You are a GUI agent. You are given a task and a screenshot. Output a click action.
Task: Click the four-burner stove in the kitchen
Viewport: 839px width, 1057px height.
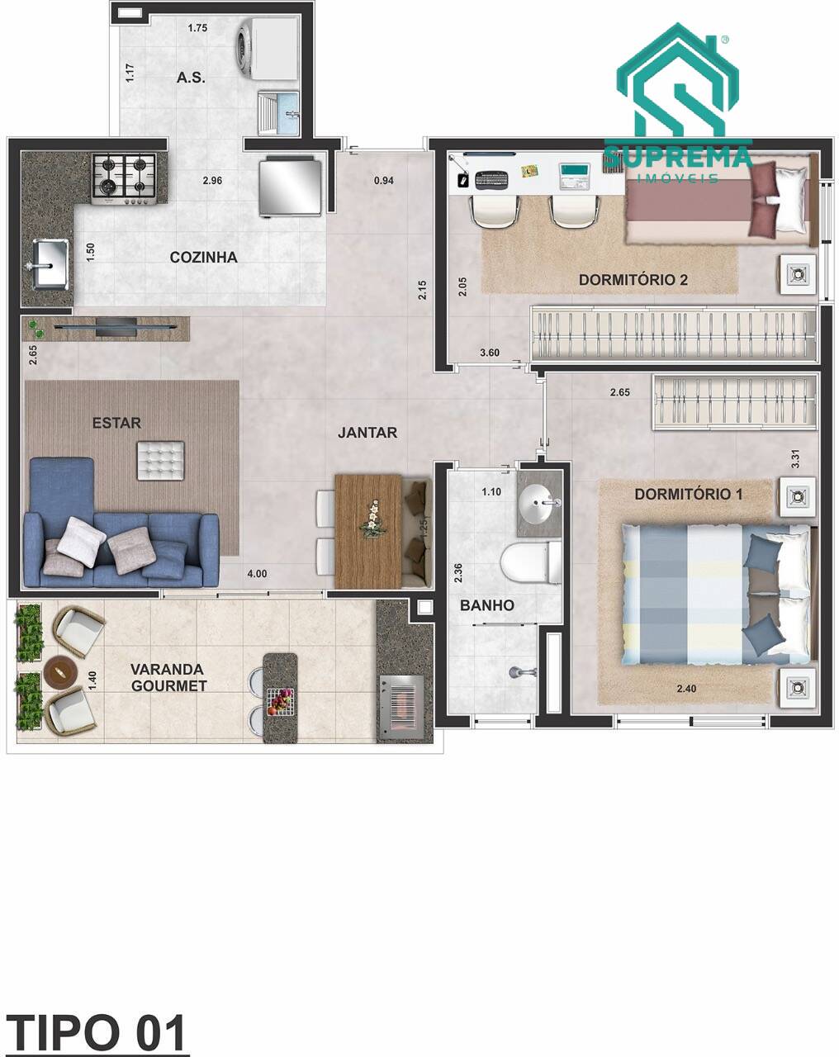[125, 179]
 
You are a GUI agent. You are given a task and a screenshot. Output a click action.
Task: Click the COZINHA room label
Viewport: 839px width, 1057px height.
[203, 258]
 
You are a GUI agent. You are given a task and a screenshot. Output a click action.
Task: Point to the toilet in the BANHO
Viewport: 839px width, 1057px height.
[531, 563]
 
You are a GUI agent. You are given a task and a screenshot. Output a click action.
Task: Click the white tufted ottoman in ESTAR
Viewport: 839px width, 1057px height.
[161, 461]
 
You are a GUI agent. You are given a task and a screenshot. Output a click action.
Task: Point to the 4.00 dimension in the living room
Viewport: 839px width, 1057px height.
[257, 574]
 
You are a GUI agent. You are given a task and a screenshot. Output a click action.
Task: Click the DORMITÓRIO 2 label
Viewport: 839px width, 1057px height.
[633, 280]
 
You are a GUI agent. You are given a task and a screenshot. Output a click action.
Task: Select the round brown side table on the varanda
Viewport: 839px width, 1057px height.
[60, 671]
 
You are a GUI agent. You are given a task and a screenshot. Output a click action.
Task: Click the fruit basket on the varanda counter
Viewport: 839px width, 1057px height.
[281, 702]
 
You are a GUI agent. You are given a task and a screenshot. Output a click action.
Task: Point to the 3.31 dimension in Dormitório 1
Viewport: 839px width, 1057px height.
[796, 459]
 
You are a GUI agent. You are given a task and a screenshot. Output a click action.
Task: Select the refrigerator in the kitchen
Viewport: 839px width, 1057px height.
[291, 186]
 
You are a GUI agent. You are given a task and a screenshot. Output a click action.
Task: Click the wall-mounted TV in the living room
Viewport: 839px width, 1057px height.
[116, 326]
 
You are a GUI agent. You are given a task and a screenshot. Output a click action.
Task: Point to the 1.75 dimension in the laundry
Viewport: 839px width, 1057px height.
[197, 28]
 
